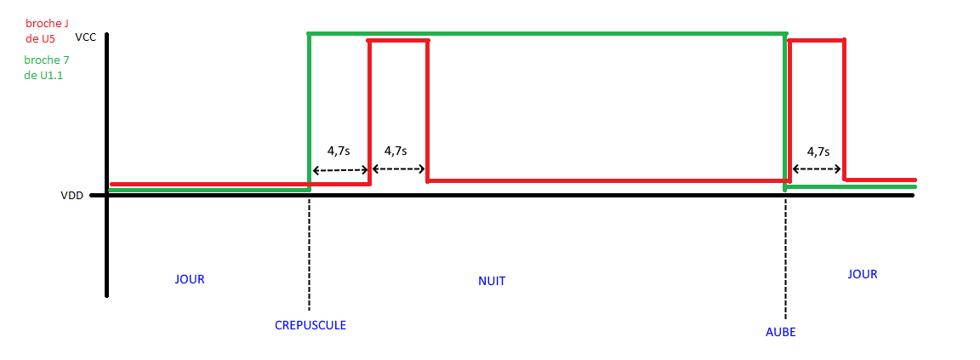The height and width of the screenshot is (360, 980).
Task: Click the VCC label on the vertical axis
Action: point(85,37)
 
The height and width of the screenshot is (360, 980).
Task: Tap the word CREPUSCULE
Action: point(311,325)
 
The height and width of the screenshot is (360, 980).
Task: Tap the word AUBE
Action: point(780,332)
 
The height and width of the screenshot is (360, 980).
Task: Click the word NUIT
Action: point(492,281)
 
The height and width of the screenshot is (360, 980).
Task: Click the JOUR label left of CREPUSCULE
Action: point(190,279)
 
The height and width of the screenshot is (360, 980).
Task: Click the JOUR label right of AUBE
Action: point(862,274)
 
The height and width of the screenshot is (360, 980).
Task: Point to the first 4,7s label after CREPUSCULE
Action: point(338,151)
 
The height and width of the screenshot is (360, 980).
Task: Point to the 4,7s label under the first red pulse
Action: point(396,151)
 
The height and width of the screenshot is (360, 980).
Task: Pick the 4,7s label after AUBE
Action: point(818,151)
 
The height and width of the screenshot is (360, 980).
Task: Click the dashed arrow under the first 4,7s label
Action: point(339,169)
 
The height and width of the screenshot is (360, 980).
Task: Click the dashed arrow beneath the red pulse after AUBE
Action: point(817,169)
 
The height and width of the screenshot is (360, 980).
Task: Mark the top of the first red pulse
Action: point(398,40)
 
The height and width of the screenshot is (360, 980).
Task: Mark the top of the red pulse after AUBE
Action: point(817,39)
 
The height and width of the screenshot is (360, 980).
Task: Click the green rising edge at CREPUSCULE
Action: point(309,111)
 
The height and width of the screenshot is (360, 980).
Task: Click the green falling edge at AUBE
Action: point(784,111)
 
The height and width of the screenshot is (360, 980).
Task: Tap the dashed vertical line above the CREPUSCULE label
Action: point(309,255)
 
